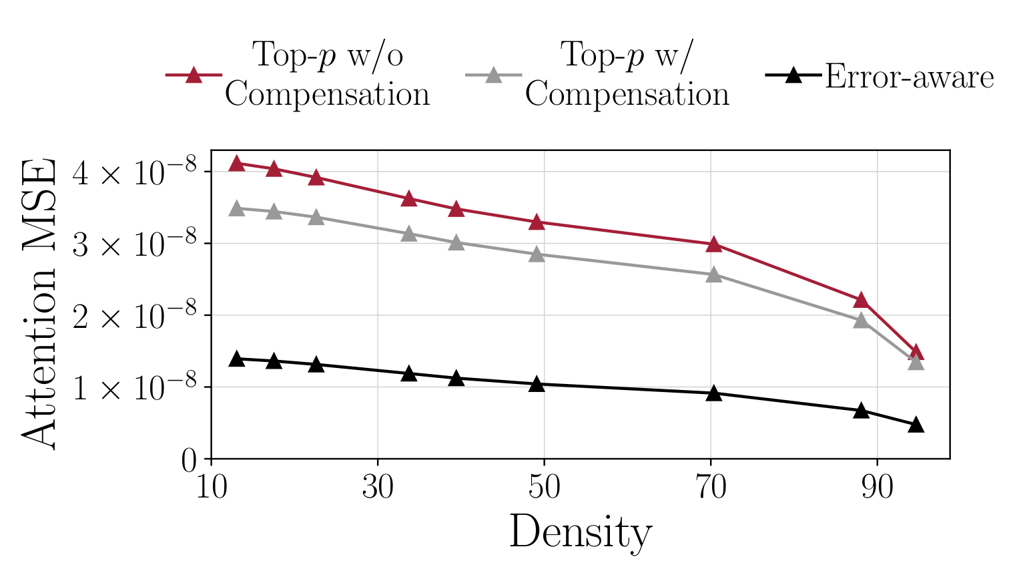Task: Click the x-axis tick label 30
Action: [x=378, y=488]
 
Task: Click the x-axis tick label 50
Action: [x=544, y=488]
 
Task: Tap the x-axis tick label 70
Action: [x=711, y=488]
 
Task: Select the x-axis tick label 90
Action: [x=877, y=488]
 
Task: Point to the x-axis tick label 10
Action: [x=212, y=488]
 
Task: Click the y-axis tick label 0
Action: [x=189, y=461]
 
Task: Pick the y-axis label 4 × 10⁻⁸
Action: [x=134, y=173]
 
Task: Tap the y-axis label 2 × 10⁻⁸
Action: [x=134, y=317]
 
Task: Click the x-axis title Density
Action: [x=581, y=533]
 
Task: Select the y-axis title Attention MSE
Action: [x=39, y=304]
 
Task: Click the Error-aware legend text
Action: [x=909, y=77]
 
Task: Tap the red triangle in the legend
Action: [x=194, y=75]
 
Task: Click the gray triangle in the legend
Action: [x=493, y=75]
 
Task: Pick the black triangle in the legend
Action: [x=793, y=75]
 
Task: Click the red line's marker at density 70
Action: [x=714, y=244]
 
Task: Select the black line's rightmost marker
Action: [x=916, y=425]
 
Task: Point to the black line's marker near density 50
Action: [x=537, y=385]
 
